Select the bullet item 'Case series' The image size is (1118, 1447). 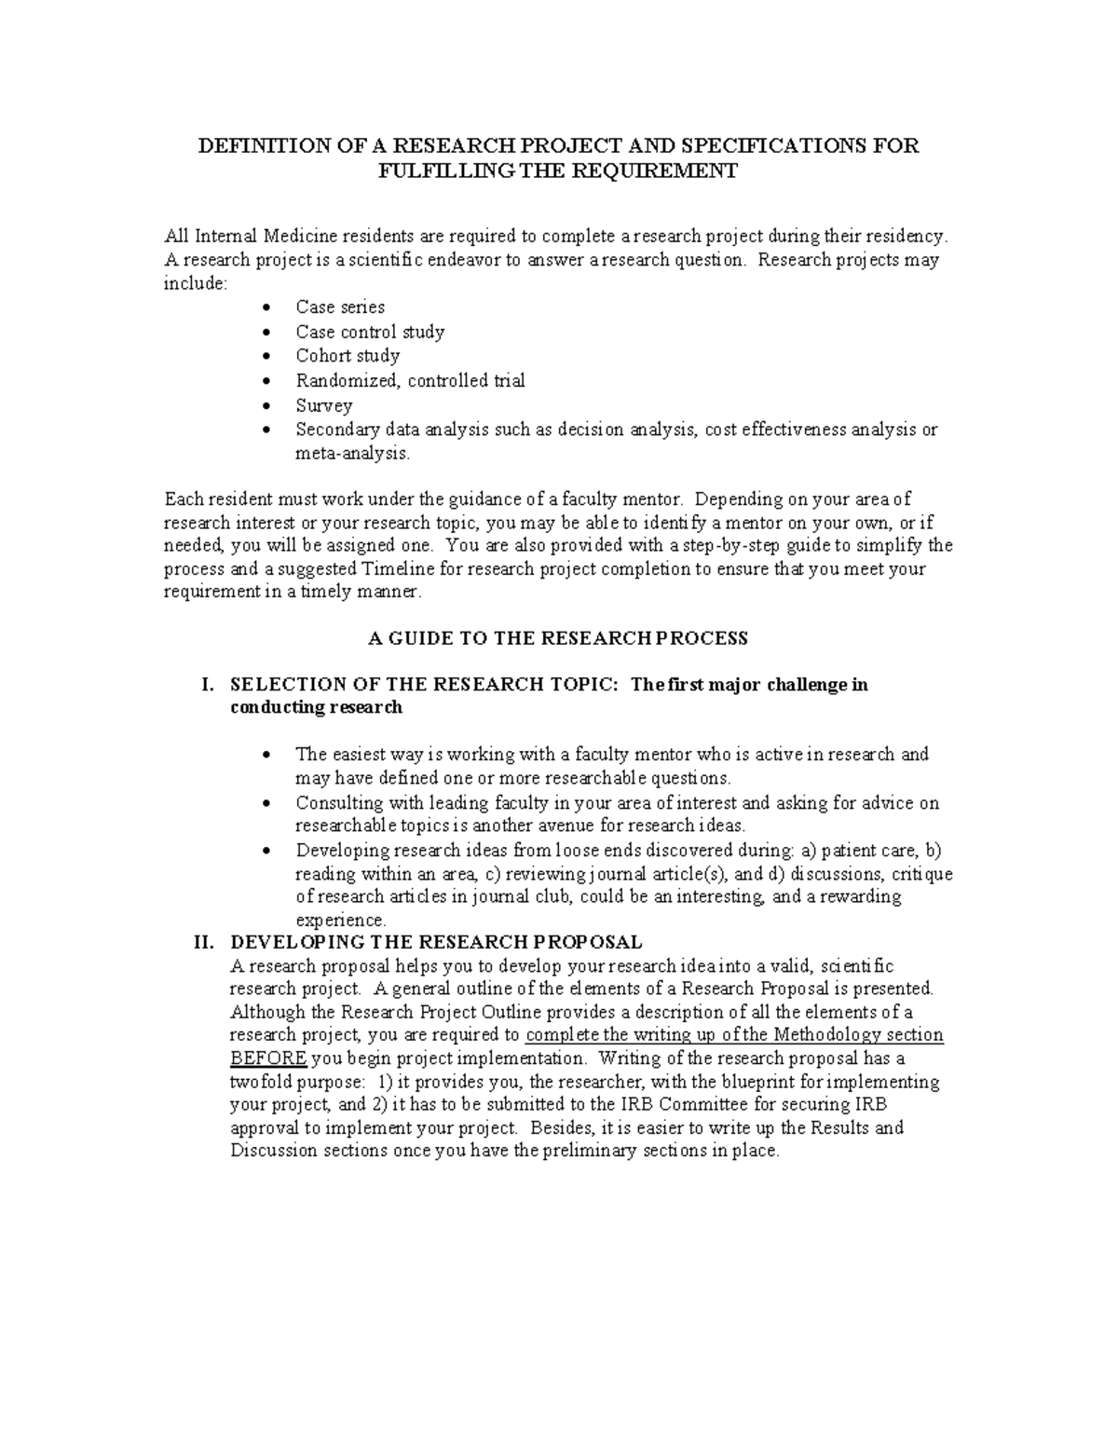[x=340, y=307]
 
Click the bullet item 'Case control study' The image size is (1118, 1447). [x=370, y=332]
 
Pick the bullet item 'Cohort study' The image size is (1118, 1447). [x=348, y=356]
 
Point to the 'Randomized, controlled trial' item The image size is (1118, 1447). [x=410, y=380]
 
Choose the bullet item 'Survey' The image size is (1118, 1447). [x=324, y=405]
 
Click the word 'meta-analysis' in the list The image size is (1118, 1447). [x=351, y=454]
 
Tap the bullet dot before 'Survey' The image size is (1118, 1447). [x=268, y=406]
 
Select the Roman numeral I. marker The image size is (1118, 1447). [x=208, y=685]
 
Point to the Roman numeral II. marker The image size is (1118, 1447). [x=204, y=942]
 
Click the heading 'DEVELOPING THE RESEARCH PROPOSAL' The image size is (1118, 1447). [x=436, y=942]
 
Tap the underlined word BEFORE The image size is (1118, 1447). [x=268, y=1058]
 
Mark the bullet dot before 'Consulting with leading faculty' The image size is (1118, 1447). [x=268, y=803]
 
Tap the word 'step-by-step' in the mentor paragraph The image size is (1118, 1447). [x=735, y=546]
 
